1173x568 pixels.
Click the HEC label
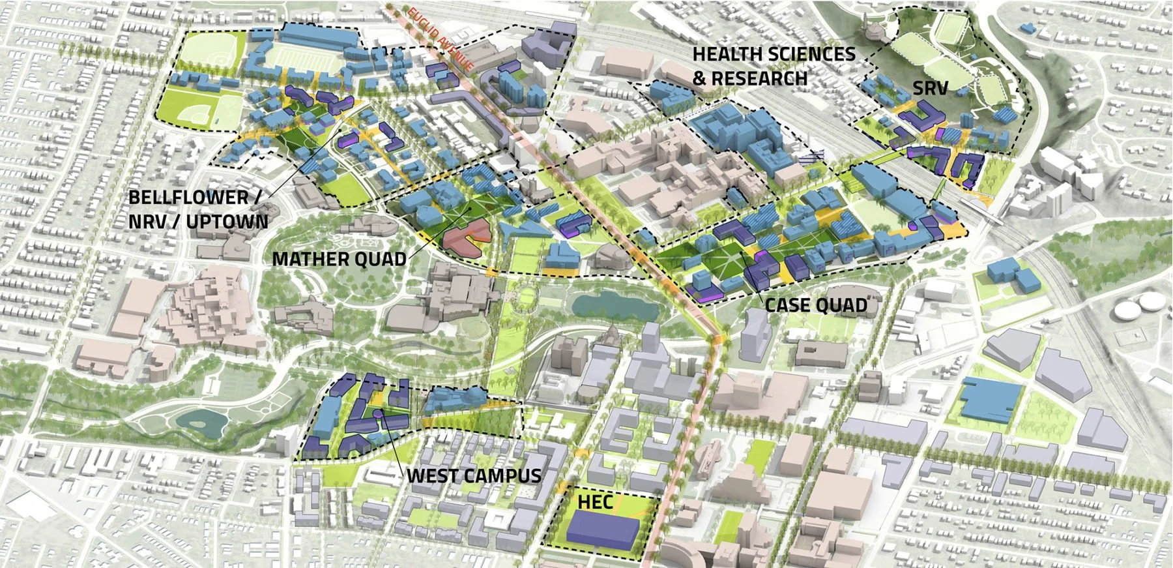(595, 501)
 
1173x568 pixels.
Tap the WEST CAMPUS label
(474, 475)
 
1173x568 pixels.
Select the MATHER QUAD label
(339, 259)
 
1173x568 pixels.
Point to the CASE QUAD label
(815, 305)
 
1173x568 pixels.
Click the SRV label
(929, 88)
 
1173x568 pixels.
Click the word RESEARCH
(759, 78)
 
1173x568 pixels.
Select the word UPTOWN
(227, 222)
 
